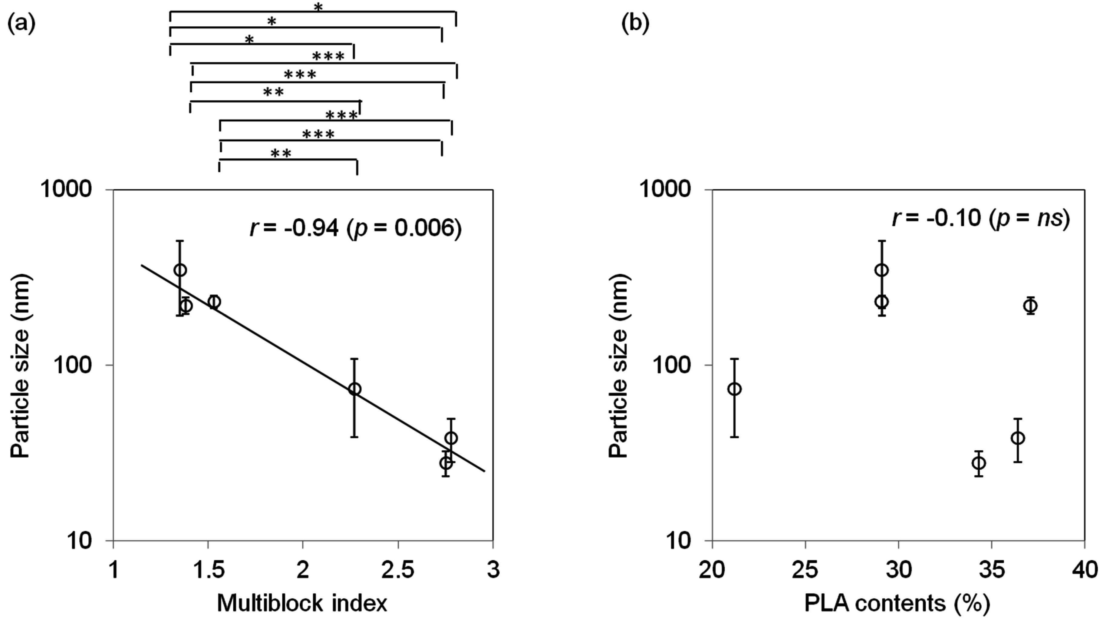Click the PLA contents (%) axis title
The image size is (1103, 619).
(897, 603)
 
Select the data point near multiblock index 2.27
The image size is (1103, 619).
(354, 389)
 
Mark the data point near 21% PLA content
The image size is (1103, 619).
(735, 389)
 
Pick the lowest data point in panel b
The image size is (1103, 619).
(978, 463)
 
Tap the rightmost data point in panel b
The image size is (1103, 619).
(1030, 306)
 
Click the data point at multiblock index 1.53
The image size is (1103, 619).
(214, 302)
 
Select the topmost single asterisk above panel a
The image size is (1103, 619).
(318, 7)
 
